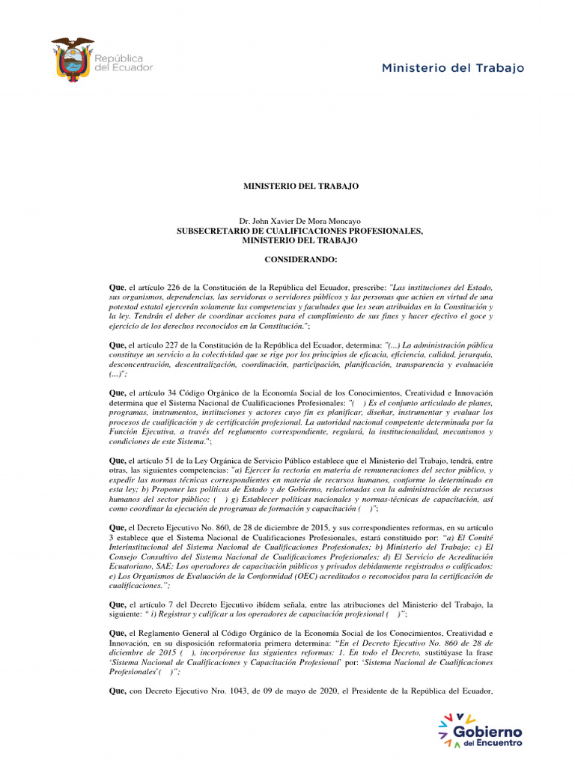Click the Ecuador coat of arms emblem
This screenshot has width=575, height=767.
(x=73, y=58)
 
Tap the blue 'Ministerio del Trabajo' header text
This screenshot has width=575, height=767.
(x=453, y=68)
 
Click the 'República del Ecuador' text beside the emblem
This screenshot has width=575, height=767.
(x=123, y=62)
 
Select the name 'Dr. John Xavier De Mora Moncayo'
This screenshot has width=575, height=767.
(x=299, y=222)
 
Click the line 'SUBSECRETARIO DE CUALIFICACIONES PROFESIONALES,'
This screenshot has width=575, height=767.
(x=299, y=231)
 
